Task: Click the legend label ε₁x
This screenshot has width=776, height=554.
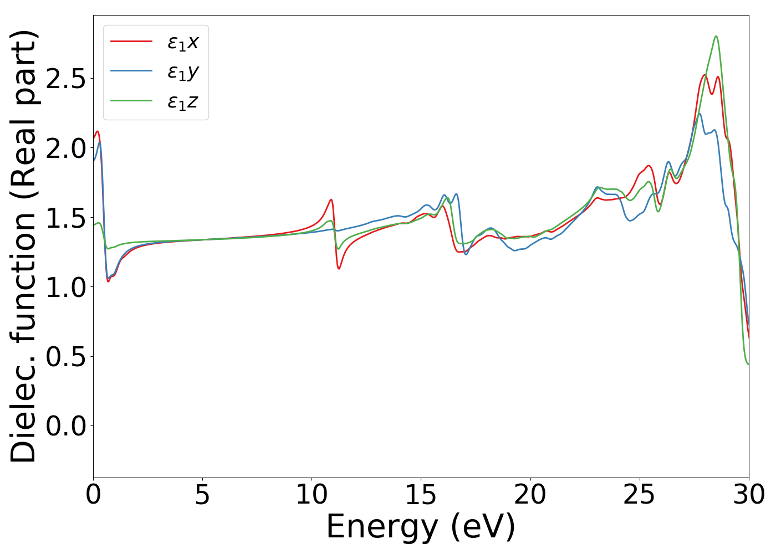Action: pyautogui.click(x=183, y=42)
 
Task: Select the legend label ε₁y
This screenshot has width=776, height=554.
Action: pyautogui.click(x=183, y=71)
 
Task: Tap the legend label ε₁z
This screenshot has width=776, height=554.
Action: pyautogui.click(x=183, y=101)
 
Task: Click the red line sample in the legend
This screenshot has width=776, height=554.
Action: pyautogui.click(x=131, y=41)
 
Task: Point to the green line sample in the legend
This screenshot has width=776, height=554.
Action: pyautogui.click(x=131, y=101)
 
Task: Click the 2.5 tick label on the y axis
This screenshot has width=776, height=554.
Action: pyautogui.click(x=66, y=79)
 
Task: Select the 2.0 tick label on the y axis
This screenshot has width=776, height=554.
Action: pyautogui.click(x=66, y=148)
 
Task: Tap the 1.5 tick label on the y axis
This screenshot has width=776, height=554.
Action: pyautogui.click(x=66, y=218)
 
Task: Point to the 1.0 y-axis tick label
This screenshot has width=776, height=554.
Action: pyautogui.click(x=66, y=287)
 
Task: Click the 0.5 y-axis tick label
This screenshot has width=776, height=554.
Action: pyautogui.click(x=66, y=357)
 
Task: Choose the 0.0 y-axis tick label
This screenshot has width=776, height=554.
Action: pyautogui.click(x=66, y=426)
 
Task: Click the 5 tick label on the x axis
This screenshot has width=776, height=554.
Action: pyautogui.click(x=202, y=495)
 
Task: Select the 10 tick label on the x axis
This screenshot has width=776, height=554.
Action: pyautogui.click(x=312, y=495)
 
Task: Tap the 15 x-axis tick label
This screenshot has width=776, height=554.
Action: pyautogui.click(x=421, y=495)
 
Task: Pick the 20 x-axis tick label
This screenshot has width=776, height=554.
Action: pyautogui.click(x=530, y=495)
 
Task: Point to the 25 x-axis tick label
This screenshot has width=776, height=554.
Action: pyautogui.click(x=639, y=495)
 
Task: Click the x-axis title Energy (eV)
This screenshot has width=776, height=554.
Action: pyautogui.click(x=421, y=527)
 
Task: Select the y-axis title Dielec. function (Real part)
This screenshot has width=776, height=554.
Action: pyautogui.click(x=23, y=247)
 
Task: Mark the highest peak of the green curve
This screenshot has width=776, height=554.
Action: pyautogui.click(x=716, y=37)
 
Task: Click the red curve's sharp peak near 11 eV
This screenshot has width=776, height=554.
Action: pyautogui.click(x=331, y=199)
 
